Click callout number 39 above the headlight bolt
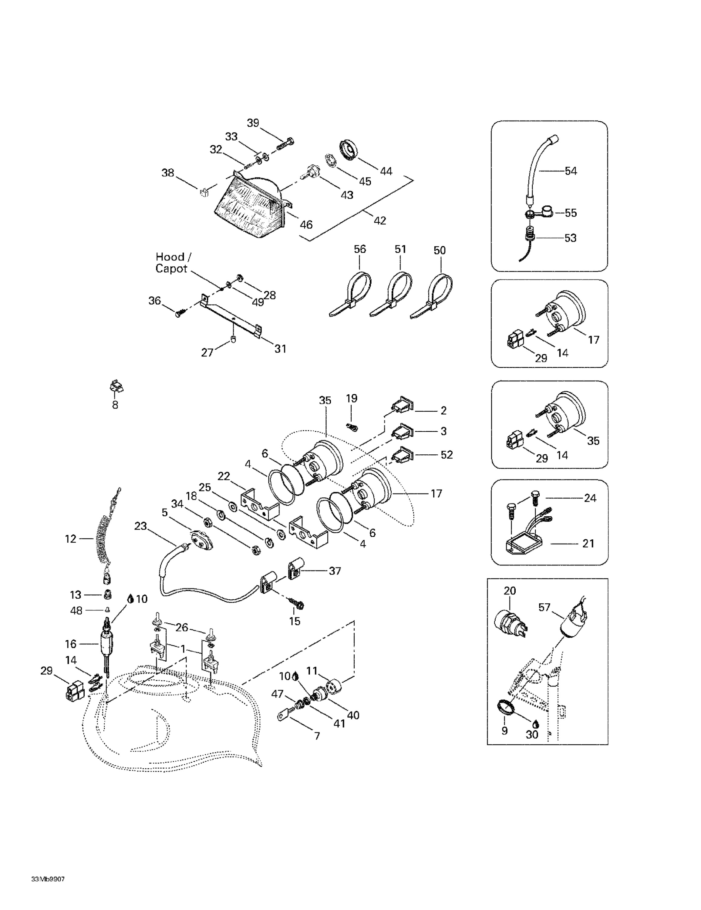pos(253,123)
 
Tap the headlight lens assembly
pos(248,208)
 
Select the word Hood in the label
pos(170,257)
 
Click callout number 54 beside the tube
pos(571,171)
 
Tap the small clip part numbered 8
pos(116,387)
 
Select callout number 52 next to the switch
pos(447,455)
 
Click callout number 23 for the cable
pos(140,526)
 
